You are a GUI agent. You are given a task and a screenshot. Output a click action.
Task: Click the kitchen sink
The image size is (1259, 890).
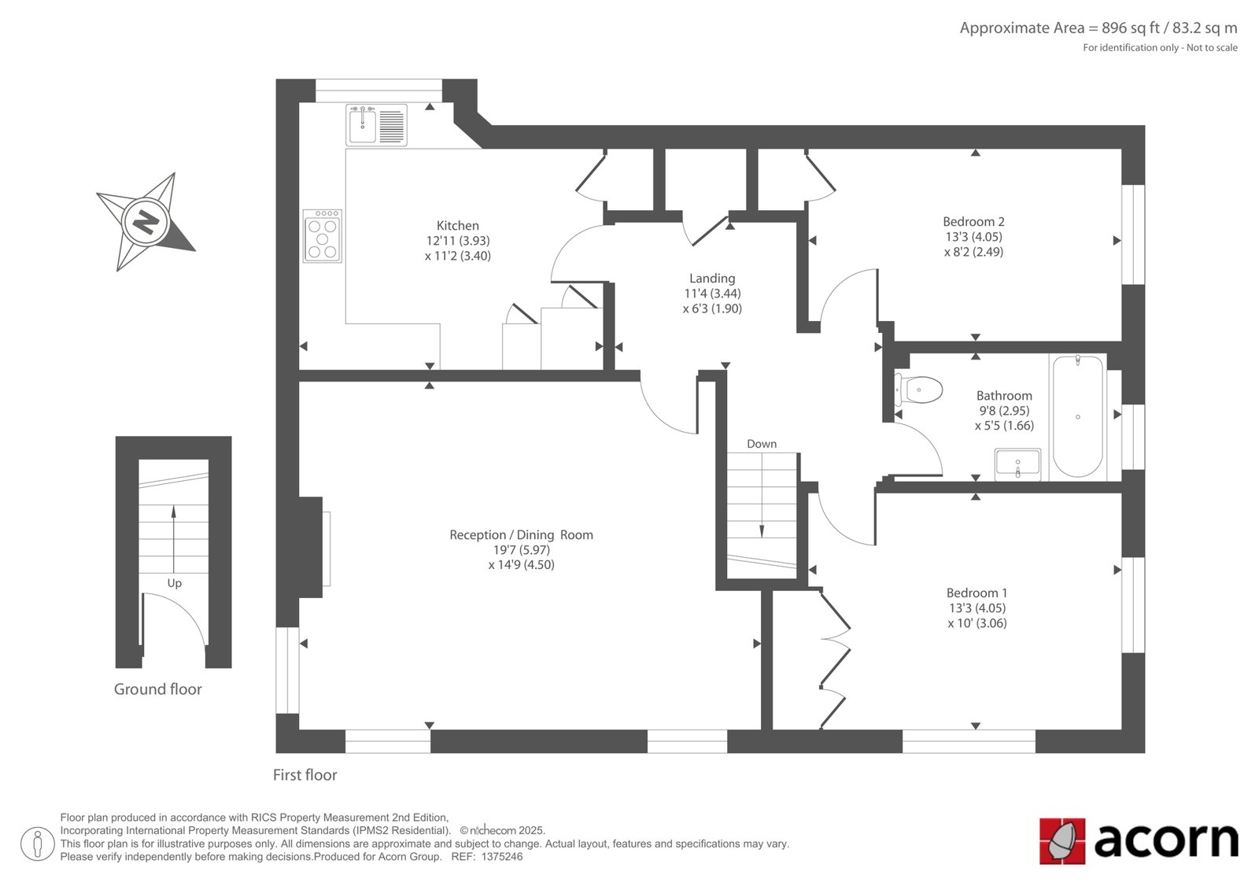tap(377, 125)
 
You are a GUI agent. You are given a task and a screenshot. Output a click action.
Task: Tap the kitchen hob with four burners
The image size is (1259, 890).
tap(322, 236)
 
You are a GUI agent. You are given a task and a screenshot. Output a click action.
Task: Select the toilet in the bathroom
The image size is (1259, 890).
tap(917, 389)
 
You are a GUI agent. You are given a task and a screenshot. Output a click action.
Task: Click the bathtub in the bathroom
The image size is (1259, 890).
tap(1077, 416)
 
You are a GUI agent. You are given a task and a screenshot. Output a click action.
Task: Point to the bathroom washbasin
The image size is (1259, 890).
tap(1017, 464)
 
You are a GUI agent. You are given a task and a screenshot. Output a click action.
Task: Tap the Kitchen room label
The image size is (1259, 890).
tap(457, 226)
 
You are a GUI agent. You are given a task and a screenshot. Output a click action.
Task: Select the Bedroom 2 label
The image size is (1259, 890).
tap(973, 221)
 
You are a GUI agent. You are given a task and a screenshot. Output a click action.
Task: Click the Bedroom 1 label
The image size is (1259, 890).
tap(977, 593)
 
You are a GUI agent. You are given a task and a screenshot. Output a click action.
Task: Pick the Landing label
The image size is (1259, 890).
tap(712, 279)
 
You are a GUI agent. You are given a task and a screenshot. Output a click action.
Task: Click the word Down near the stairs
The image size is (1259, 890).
tap(762, 444)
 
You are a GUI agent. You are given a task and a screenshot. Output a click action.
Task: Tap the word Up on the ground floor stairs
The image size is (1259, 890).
tap(174, 583)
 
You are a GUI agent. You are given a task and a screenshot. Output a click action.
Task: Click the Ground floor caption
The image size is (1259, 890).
tap(157, 689)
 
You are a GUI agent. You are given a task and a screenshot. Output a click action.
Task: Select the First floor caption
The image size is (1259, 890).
tap(305, 775)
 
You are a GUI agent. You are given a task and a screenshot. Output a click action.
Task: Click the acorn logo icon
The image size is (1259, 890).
tap(1062, 841)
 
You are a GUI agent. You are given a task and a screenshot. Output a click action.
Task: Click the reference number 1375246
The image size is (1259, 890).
tap(502, 857)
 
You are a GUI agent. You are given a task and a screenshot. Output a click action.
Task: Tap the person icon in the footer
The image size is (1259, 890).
tap(37, 844)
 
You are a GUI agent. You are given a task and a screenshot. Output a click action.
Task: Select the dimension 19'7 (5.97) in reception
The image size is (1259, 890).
tap(521, 550)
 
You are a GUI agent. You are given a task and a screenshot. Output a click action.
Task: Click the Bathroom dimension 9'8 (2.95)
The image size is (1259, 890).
tap(1004, 411)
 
